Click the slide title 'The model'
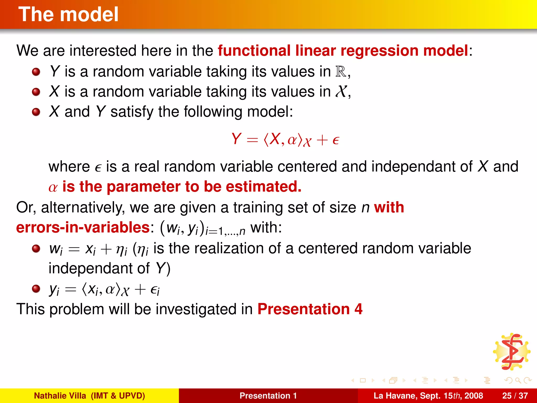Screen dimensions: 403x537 tap(68, 14)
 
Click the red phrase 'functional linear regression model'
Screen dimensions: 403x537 tap(343, 50)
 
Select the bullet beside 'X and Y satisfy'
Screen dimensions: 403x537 tap(36, 112)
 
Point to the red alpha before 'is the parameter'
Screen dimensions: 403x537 tap(53, 187)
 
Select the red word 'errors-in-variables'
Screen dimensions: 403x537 tap(83, 227)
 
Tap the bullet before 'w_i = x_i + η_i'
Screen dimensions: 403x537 tap(36, 248)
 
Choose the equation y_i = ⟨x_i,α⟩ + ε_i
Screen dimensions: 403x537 tap(104, 290)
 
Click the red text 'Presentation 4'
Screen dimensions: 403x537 tap(310, 309)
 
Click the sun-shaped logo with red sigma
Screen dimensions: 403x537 tap(512, 352)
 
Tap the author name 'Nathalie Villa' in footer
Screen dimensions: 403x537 tap(60, 396)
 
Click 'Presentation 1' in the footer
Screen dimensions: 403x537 tap(268, 396)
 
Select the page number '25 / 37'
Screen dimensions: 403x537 tap(515, 396)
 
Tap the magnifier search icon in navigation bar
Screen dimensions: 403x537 tap(518, 380)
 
